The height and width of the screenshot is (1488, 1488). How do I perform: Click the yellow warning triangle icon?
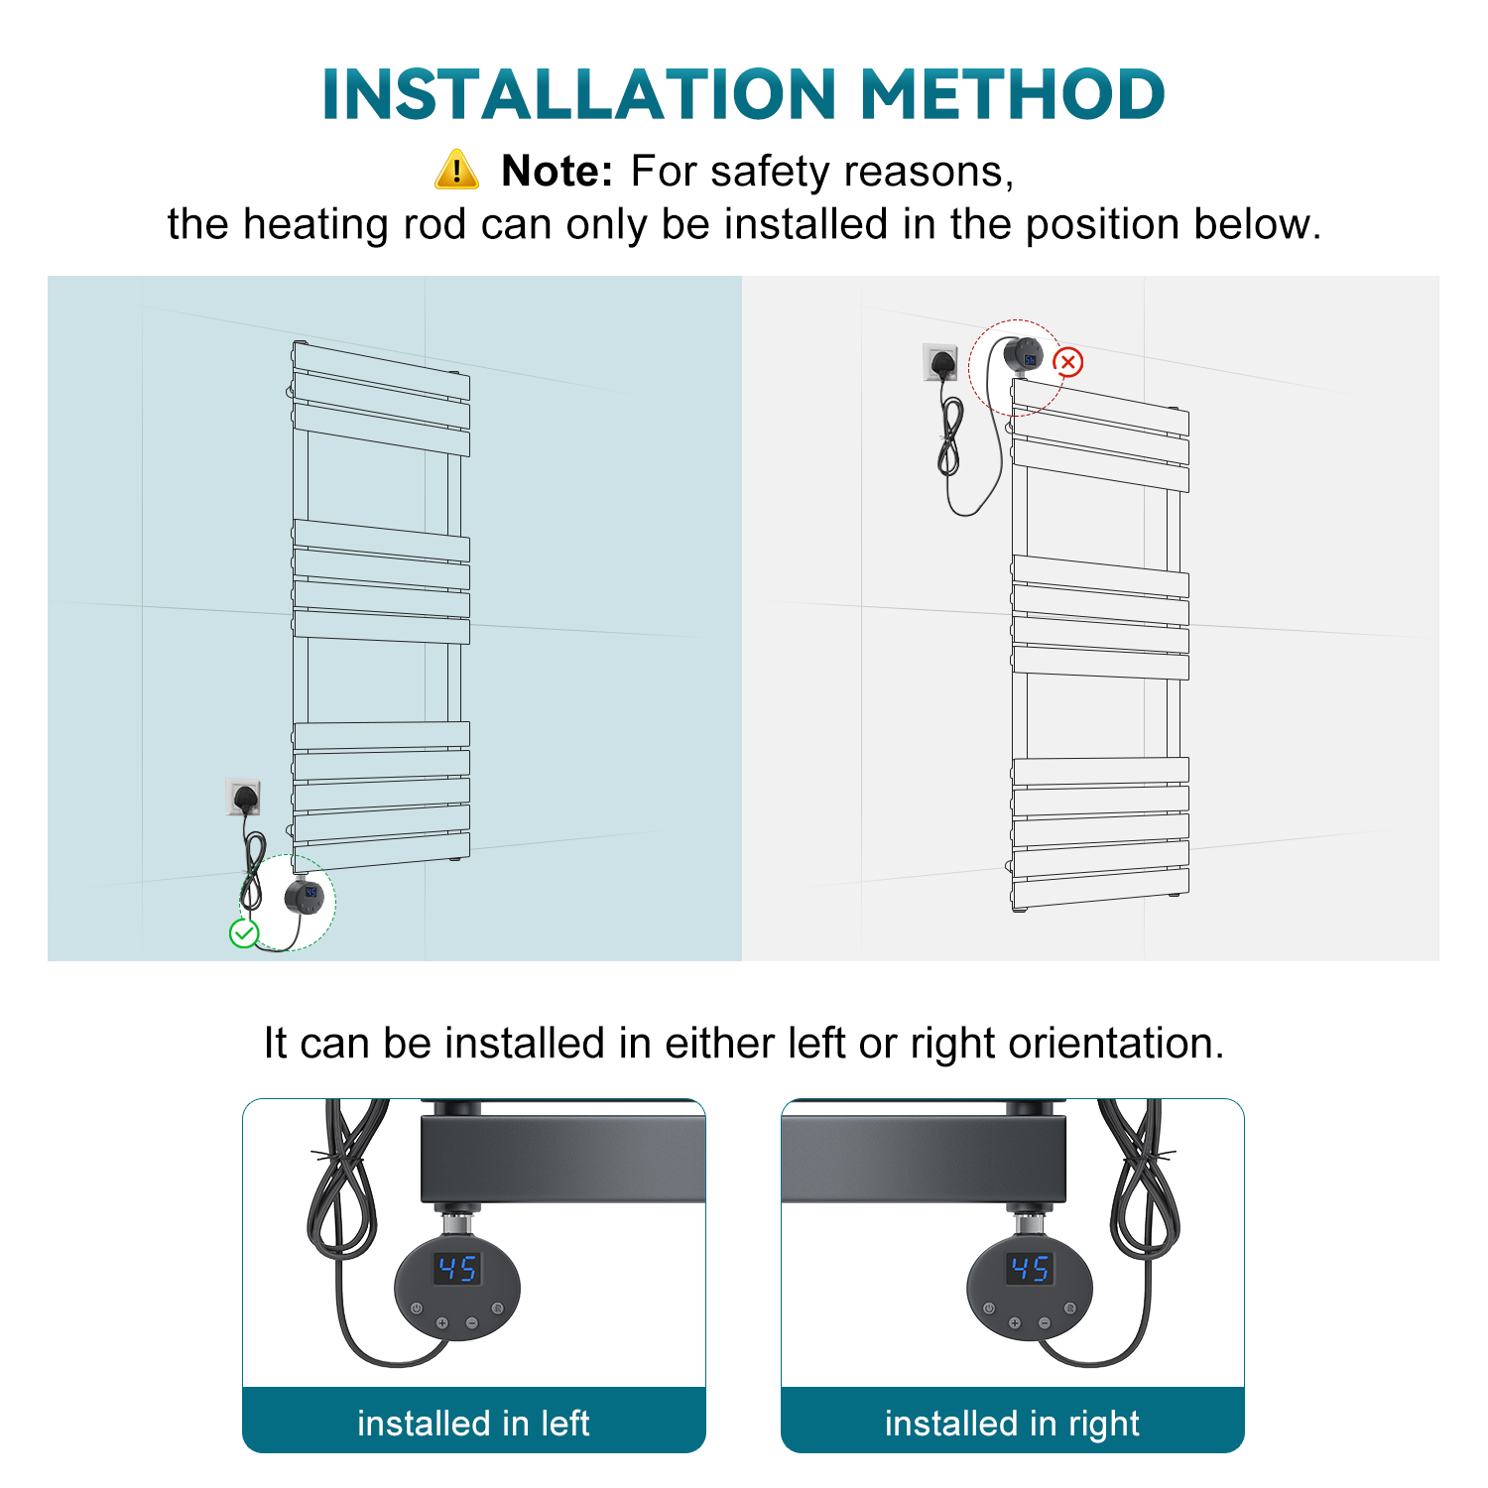click(x=456, y=170)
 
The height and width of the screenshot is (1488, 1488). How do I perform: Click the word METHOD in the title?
click(x=1012, y=94)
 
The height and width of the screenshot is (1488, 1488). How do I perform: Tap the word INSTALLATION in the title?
click(x=580, y=94)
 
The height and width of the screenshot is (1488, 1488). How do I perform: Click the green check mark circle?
click(x=244, y=933)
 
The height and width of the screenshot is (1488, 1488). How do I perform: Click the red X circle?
click(x=1067, y=362)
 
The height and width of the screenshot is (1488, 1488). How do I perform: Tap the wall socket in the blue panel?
click(x=242, y=798)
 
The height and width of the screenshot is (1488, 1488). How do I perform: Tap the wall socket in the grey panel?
click(x=940, y=362)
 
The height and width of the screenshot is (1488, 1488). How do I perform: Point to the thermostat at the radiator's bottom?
click(x=305, y=897)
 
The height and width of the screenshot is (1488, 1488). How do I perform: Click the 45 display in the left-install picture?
click(x=457, y=1268)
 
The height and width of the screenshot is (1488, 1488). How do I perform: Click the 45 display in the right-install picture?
click(x=1030, y=1268)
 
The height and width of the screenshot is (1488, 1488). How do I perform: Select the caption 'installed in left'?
click(x=473, y=1424)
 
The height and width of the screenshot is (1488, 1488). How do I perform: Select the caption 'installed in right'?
click(x=1012, y=1424)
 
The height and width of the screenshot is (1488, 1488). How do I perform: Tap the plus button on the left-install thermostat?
click(x=442, y=1322)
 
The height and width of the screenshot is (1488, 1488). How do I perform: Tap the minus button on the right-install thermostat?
click(x=1044, y=1322)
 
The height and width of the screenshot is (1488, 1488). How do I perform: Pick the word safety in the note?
click(x=771, y=172)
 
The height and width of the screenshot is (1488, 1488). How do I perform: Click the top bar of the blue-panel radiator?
click(x=381, y=369)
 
